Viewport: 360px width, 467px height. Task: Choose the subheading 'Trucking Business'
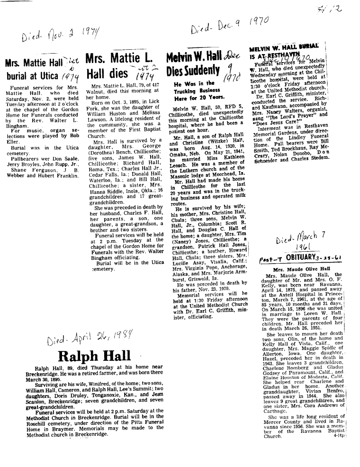point(194,91)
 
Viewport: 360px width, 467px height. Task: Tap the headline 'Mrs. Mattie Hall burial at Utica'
point(36,69)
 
